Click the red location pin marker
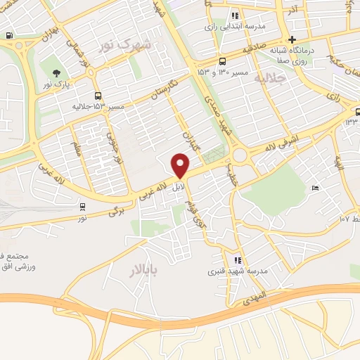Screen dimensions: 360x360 tap(181, 165)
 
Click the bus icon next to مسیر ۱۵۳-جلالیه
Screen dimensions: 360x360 tap(98, 96)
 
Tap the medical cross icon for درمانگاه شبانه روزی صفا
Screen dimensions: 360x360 tap(291, 39)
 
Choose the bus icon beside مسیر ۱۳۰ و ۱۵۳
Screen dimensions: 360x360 tap(222, 60)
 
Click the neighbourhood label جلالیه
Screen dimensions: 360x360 tap(271, 78)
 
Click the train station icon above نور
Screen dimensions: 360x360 tap(83, 206)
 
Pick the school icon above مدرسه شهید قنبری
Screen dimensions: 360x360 tap(238, 260)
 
